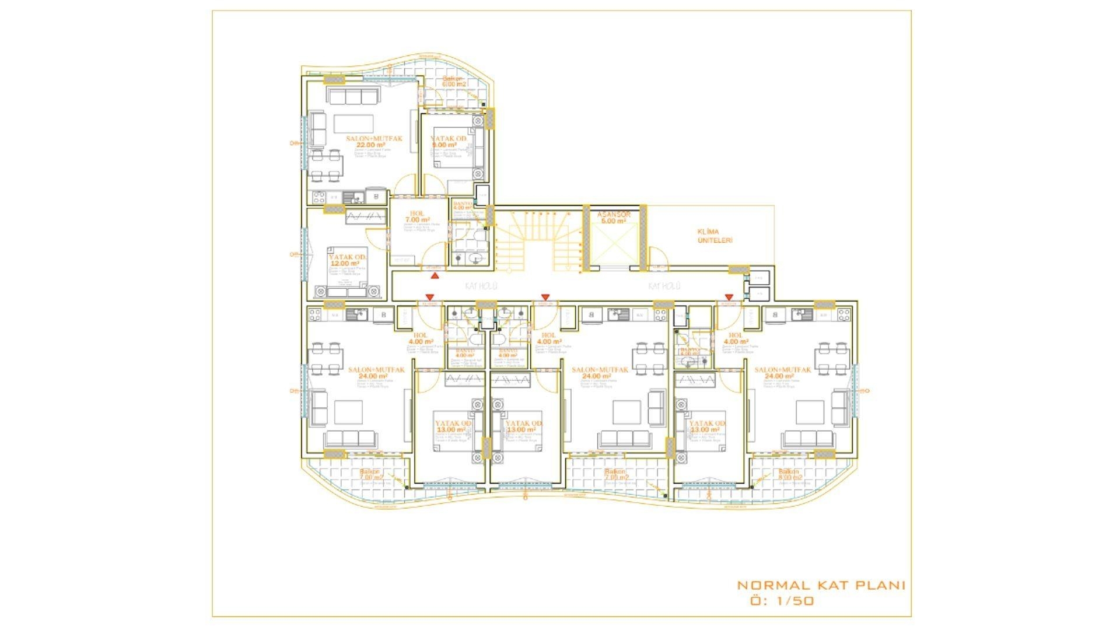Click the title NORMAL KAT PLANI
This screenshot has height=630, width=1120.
coord(821,585)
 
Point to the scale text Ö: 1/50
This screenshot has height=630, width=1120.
coord(782,601)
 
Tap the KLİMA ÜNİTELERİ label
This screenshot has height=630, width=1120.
coord(715,236)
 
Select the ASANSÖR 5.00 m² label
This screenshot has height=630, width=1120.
coord(614,218)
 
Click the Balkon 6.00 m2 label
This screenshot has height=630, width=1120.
coord(453,81)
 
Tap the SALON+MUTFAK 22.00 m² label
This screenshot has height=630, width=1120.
coord(373,141)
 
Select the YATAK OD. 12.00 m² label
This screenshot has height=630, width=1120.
coord(347,260)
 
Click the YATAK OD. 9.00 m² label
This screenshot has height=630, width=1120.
coord(448,142)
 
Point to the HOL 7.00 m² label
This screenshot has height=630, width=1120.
coord(417,216)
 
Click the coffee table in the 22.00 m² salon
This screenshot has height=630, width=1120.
coord(353,123)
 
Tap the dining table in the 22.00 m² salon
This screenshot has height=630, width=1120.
coord(325,165)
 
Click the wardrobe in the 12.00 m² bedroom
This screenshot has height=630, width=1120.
coord(366,217)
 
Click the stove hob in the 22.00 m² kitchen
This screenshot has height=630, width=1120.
coord(318,197)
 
